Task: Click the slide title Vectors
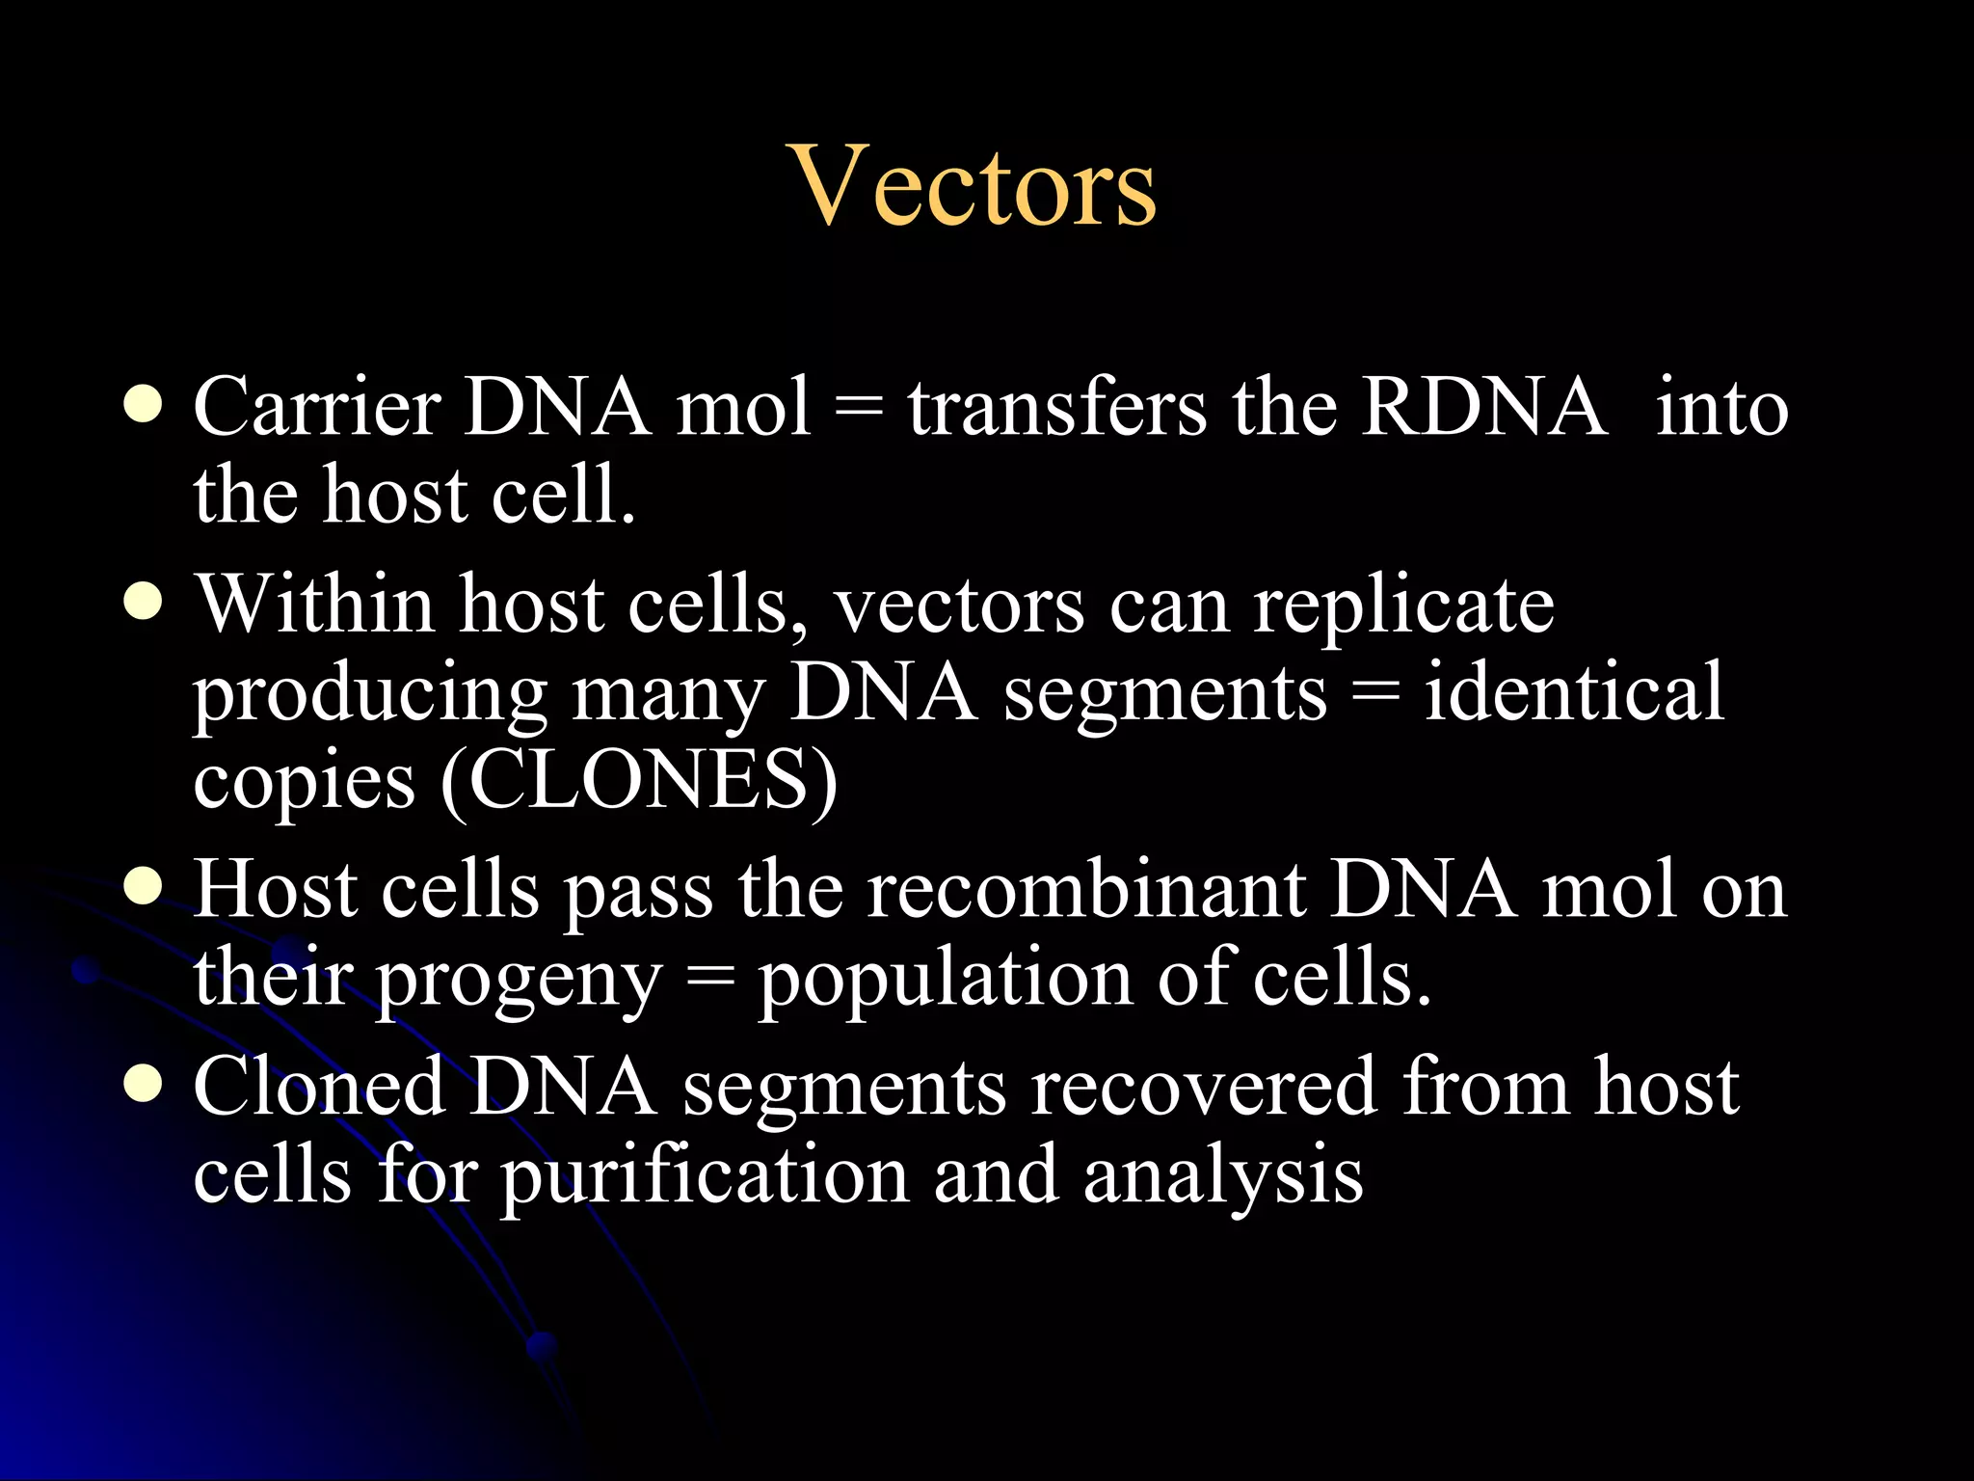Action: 974,185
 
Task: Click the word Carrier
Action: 316,407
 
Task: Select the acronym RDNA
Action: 1483,407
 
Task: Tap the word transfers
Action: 1055,407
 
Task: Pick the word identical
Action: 1573,692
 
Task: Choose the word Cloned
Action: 318,1087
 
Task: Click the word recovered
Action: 1203,1087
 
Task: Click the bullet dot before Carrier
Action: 143,405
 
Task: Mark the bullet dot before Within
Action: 143,604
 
